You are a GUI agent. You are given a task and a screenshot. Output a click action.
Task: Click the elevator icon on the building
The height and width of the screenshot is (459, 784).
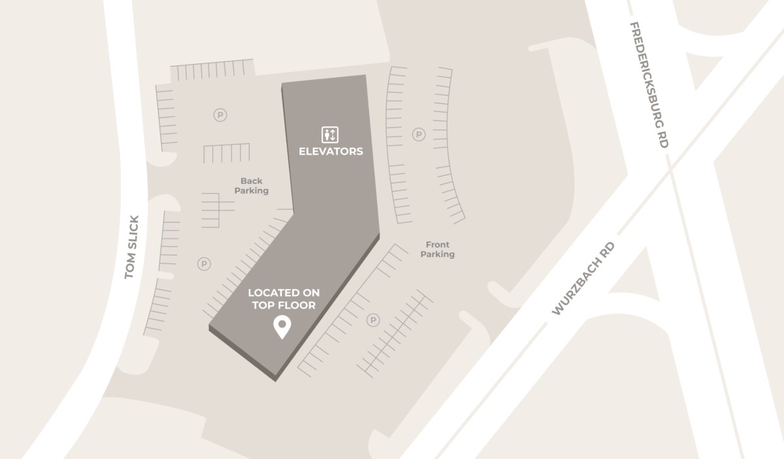[x=330, y=135]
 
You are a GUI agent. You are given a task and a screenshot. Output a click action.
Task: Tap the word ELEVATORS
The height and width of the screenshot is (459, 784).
[x=331, y=152]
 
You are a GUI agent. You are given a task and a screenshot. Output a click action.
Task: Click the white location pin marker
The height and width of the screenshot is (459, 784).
[x=282, y=327]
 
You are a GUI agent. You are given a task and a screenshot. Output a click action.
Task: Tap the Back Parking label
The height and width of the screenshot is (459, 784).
[x=252, y=186]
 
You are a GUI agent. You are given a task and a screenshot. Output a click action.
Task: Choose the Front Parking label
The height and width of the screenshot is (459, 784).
[x=437, y=249]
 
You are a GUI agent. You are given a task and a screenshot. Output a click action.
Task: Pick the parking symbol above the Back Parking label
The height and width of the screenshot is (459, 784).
[x=220, y=115]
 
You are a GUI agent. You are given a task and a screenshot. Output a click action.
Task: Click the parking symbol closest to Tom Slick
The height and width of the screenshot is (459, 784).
[x=204, y=264]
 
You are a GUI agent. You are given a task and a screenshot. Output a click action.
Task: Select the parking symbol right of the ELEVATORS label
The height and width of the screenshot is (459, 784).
[x=418, y=135]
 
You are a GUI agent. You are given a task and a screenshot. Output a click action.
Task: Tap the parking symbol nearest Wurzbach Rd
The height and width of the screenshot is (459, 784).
[x=373, y=320]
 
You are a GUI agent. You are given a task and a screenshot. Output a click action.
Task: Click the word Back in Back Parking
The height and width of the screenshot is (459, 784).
[x=252, y=181]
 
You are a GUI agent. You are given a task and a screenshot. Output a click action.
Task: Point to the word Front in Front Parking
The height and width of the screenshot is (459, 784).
[x=437, y=245]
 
